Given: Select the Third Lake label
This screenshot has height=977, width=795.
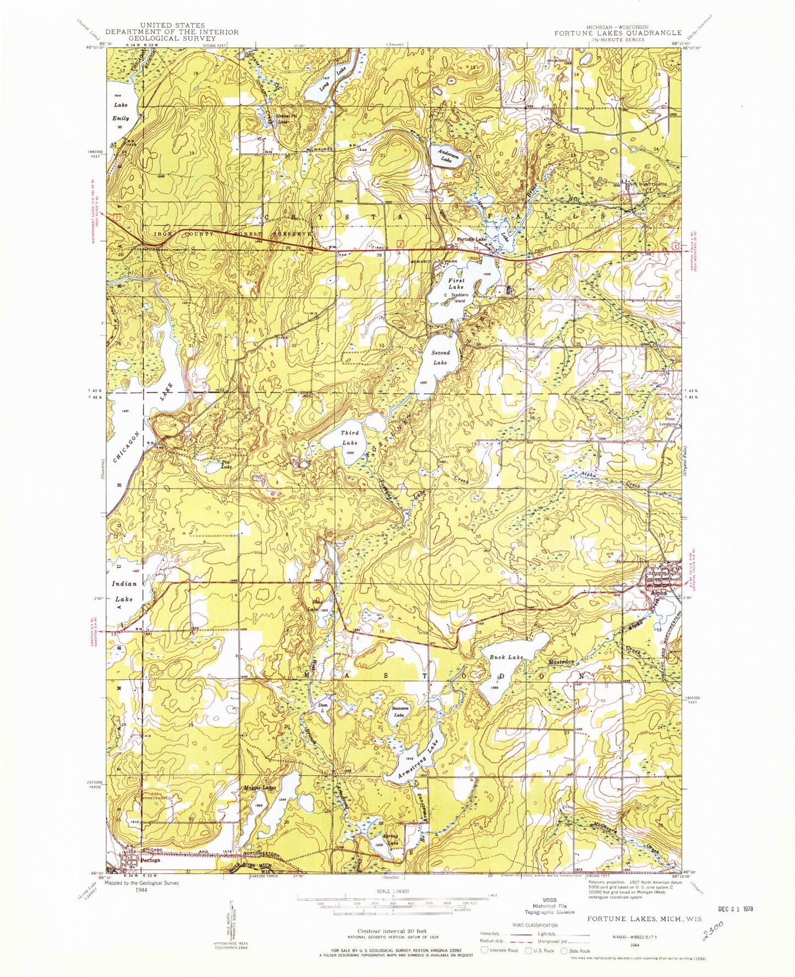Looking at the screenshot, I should (349, 437).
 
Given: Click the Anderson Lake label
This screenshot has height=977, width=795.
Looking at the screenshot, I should (448, 156).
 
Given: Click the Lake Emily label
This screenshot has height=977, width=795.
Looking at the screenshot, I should (120, 111).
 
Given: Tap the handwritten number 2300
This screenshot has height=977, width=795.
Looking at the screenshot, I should (706, 931).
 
